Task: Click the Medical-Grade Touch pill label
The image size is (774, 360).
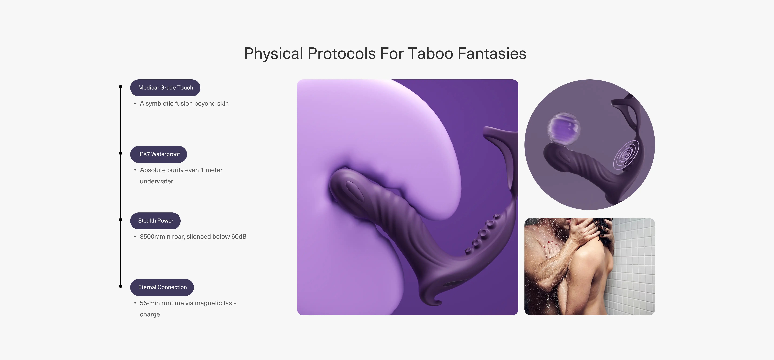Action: click(x=165, y=88)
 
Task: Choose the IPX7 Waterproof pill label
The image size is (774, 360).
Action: click(x=159, y=154)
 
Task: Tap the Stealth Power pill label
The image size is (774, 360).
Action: click(x=155, y=221)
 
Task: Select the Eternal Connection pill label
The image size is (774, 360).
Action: click(x=162, y=287)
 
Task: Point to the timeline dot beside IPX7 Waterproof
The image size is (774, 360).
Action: click(x=121, y=153)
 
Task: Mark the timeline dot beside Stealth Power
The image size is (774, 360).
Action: click(x=121, y=220)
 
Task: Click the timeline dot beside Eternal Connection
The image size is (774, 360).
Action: click(x=121, y=286)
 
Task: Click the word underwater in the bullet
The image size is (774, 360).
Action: click(x=157, y=181)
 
